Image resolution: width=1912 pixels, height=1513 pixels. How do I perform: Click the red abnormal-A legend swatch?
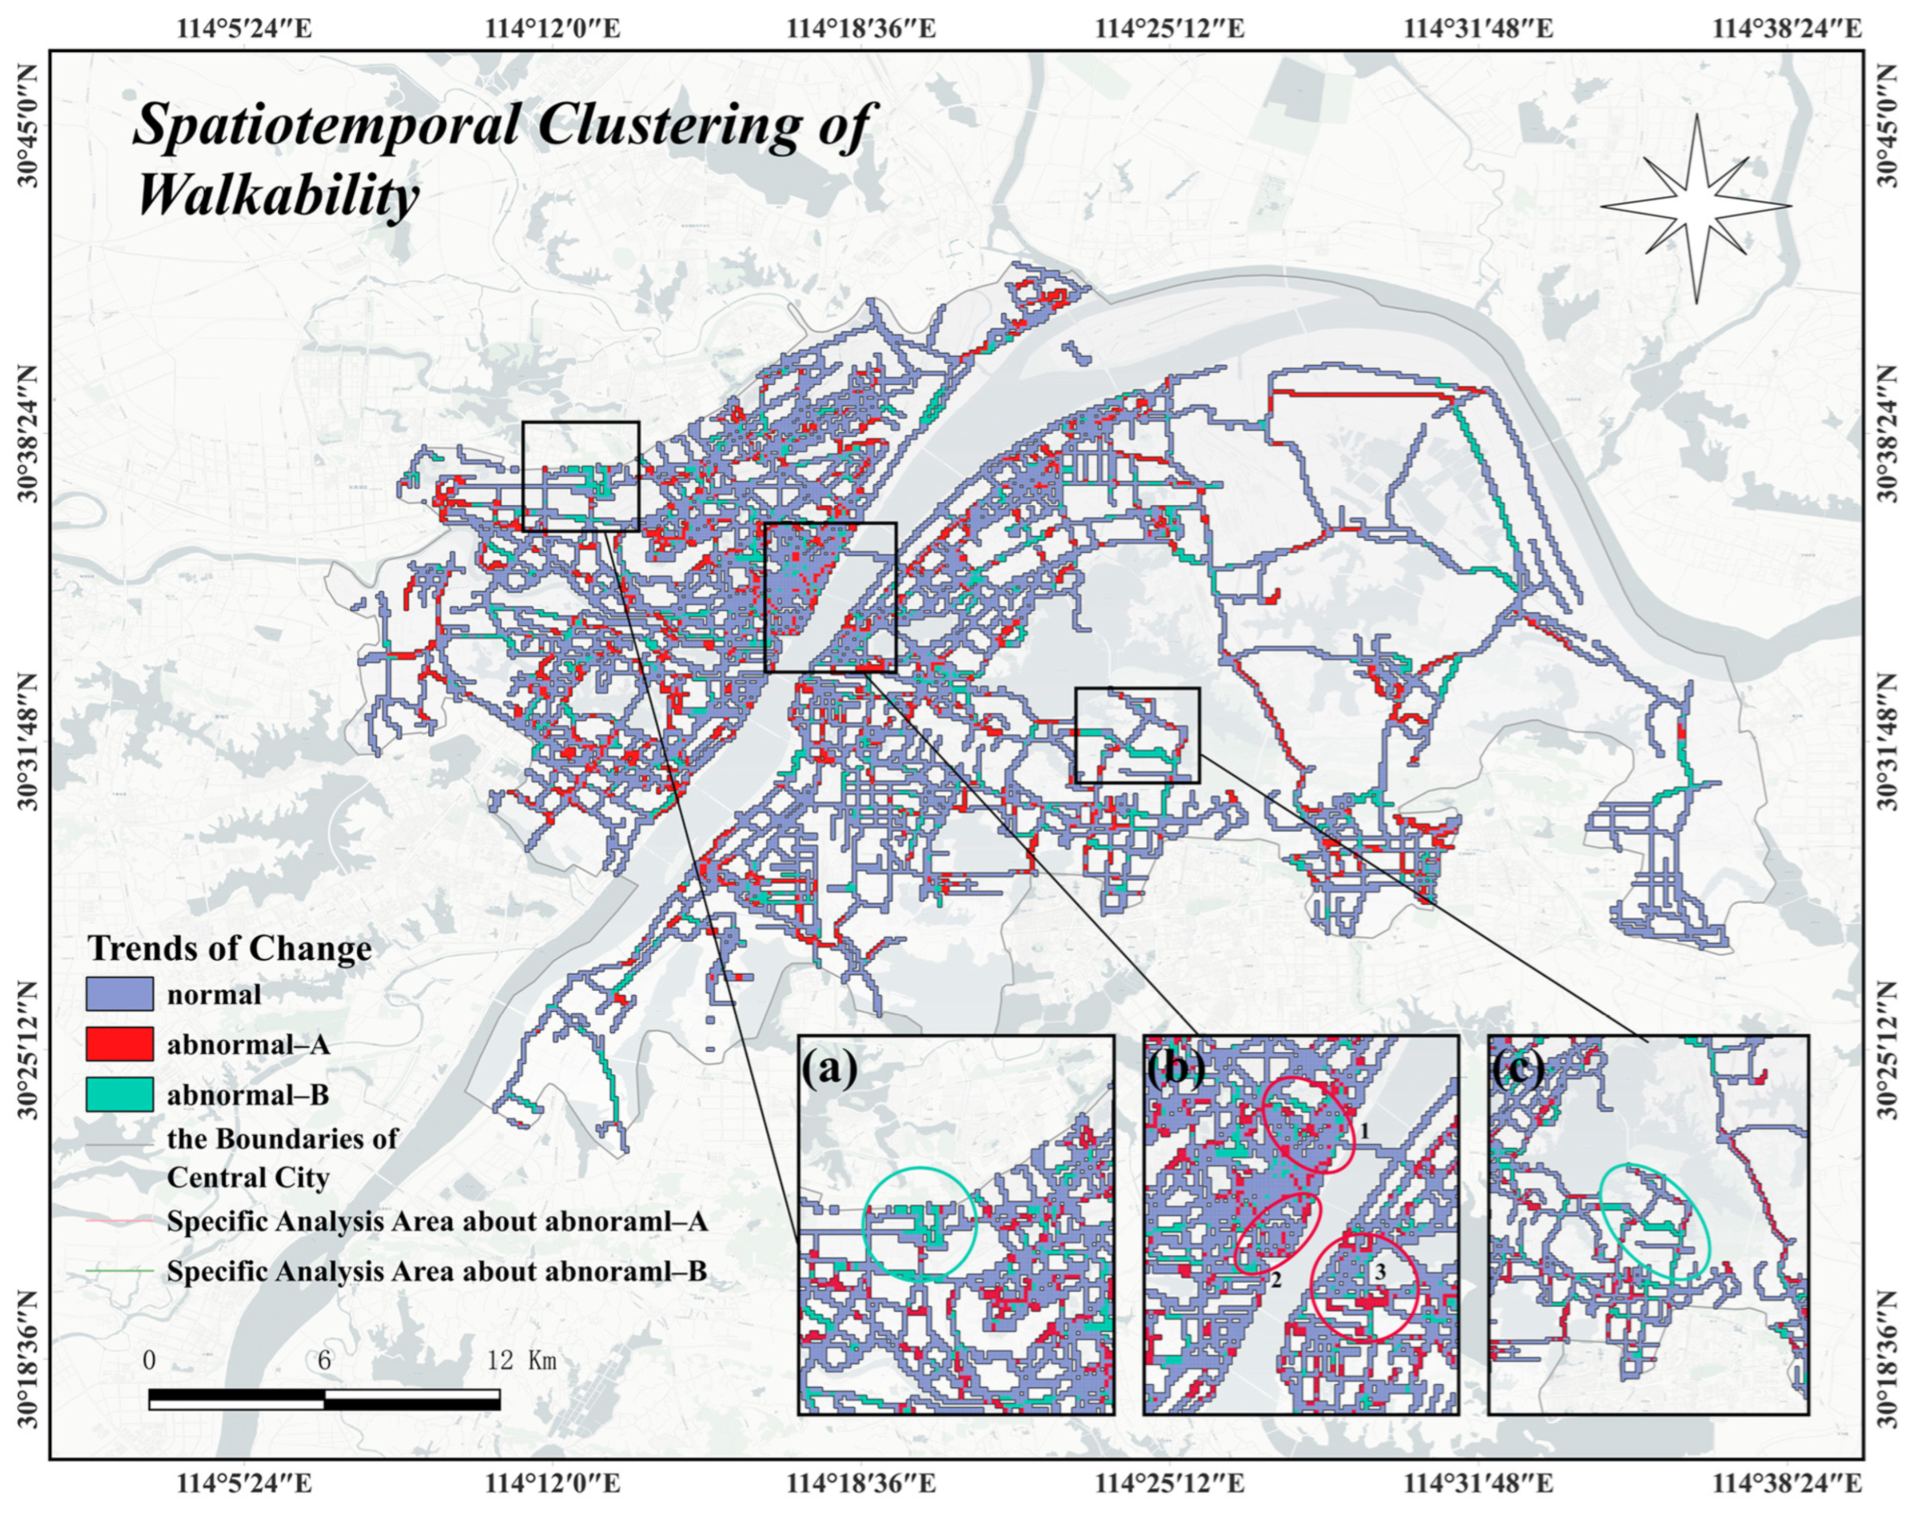point(120,1044)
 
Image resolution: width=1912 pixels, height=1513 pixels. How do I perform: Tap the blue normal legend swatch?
point(120,993)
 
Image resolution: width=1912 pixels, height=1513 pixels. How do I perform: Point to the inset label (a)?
point(829,1069)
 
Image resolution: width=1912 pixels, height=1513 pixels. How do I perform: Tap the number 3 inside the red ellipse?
point(1380,1270)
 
